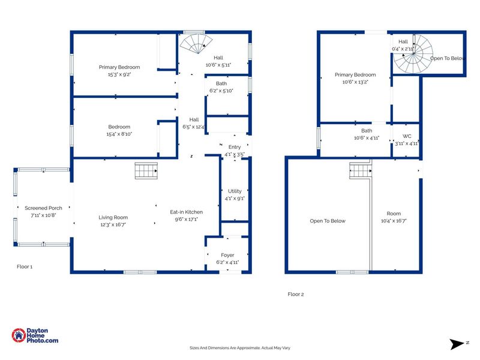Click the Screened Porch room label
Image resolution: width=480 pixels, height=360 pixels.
coord(43,208)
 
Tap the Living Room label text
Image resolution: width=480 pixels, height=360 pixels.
coord(113,218)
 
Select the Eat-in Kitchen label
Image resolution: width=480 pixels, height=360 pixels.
coord(186,212)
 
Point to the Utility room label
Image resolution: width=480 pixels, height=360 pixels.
coord(235,191)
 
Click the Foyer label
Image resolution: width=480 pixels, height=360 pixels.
coord(227,255)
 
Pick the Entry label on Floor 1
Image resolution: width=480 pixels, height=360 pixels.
coord(233,146)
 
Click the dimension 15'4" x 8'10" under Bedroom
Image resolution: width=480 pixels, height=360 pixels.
coord(119,134)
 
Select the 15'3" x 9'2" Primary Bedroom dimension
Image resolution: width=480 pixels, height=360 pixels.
coord(119,74)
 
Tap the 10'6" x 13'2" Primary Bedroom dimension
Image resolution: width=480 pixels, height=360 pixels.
coord(355,82)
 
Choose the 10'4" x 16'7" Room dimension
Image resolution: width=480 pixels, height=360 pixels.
coord(394,221)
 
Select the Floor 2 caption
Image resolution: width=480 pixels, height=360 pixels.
coord(296,294)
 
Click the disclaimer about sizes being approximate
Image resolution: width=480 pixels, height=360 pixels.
coord(240,347)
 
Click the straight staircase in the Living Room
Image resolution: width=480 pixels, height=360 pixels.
coord(146,172)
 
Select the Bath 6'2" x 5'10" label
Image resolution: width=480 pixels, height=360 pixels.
coord(221,88)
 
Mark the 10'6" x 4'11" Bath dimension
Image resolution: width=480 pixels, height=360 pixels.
coord(367,137)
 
